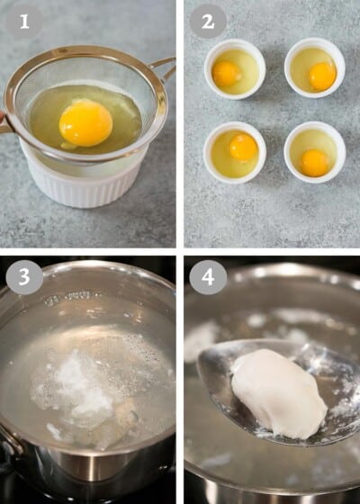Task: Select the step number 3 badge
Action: click(24, 276)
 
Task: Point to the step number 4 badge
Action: click(208, 276)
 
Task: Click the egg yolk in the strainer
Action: click(85, 122)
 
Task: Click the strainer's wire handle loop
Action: click(165, 70)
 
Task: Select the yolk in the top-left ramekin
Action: click(226, 73)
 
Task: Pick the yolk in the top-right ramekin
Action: click(321, 76)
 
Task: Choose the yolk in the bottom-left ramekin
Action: click(243, 147)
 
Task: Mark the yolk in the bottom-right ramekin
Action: click(314, 162)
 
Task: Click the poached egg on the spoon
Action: click(279, 393)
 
